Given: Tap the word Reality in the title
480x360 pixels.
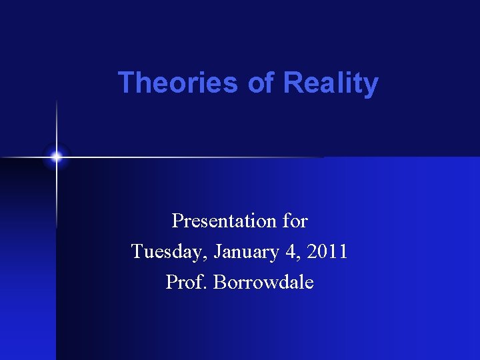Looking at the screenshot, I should click(331, 83).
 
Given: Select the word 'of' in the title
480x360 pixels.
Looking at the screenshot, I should click(260, 83).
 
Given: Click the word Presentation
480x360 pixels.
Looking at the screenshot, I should click(222, 221).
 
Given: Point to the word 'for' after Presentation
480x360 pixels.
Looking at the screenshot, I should click(294, 220).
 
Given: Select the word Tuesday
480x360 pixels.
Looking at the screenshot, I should click(167, 252).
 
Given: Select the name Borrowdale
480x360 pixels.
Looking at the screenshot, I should click(263, 282).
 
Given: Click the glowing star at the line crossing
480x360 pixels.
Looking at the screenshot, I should click(57, 157).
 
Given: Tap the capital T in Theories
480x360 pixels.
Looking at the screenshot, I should click(125, 83).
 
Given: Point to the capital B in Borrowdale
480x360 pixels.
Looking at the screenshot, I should click(220, 282).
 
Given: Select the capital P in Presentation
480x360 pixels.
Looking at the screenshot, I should click(177, 221).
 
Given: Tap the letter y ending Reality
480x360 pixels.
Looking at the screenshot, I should click(371, 86).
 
